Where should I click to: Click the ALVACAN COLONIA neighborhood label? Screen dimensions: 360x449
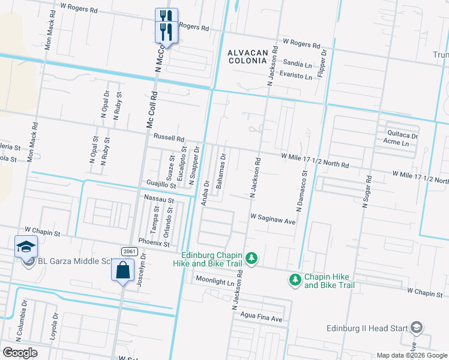click(248, 58)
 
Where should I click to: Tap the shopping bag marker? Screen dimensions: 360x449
click(122, 271)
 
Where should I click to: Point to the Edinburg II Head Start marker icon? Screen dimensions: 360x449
click(417, 328)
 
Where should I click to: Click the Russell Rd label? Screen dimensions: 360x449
click(169, 137)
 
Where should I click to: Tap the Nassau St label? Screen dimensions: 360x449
click(158, 199)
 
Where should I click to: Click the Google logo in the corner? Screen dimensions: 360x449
click(20, 353)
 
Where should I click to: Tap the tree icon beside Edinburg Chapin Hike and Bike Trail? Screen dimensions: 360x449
click(253, 258)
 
